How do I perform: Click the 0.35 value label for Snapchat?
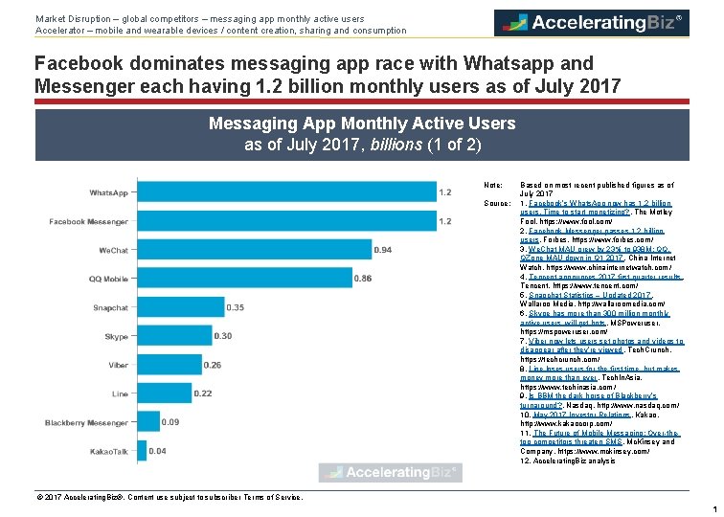235,307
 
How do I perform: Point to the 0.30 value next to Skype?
223,336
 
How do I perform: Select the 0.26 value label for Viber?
213,365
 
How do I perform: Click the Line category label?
120,393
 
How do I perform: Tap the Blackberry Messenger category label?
88,422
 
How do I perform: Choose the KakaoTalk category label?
109,451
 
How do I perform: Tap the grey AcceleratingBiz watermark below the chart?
390,472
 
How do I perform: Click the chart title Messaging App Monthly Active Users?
362,124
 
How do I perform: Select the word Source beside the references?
497,204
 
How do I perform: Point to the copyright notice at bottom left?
169,497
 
